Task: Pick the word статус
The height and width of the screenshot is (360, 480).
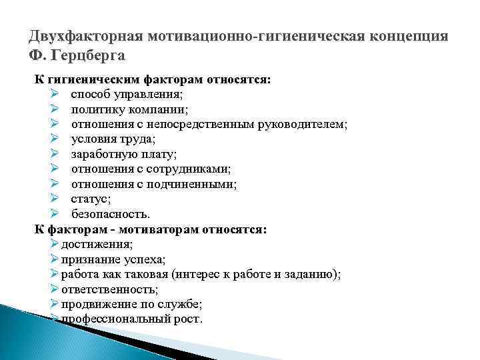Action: tap(90, 199)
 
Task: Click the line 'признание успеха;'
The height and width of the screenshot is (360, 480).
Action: tap(114, 259)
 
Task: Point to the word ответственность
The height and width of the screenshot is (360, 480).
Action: tap(108, 289)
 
